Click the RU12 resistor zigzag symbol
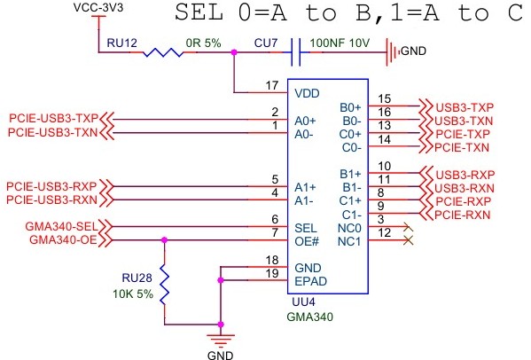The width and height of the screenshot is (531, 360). click(x=163, y=52)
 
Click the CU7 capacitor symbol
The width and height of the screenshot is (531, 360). click(x=295, y=52)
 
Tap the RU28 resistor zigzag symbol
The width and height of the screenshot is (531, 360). click(x=164, y=284)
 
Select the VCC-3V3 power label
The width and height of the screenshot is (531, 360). click(x=98, y=7)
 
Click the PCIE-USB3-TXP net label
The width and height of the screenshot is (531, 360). click(x=53, y=118)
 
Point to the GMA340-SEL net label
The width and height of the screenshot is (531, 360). click(x=61, y=226)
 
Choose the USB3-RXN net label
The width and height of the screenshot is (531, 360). click(x=464, y=188)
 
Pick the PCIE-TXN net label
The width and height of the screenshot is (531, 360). click(x=462, y=148)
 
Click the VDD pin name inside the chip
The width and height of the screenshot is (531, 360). click(x=307, y=93)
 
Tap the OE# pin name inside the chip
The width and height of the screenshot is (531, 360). click(x=307, y=241)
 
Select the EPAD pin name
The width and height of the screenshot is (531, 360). click(x=310, y=281)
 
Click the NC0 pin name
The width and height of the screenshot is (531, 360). click(x=349, y=228)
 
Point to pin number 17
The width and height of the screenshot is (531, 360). click(x=272, y=85)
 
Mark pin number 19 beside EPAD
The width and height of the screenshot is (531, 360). click(x=272, y=273)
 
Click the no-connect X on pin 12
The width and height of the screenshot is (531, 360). click(x=409, y=240)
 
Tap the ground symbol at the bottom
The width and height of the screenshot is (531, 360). click(x=221, y=340)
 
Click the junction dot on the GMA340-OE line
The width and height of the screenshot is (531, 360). click(x=164, y=240)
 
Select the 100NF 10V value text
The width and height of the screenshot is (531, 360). click(x=340, y=43)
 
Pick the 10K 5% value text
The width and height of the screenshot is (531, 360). click(x=133, y=293)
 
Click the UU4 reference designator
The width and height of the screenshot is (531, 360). click(x=303, y=301)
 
